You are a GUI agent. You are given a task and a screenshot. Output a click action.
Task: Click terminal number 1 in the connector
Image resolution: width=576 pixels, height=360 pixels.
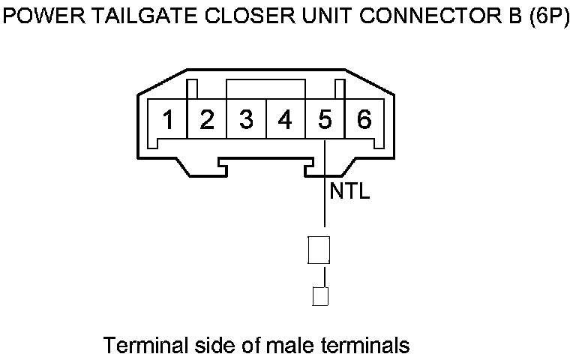pos(169,120)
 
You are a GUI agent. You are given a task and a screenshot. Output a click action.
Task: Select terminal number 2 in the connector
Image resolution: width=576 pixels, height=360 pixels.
pos(208,120)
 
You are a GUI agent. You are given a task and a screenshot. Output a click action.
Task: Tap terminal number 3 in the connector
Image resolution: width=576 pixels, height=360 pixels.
pos(246,120)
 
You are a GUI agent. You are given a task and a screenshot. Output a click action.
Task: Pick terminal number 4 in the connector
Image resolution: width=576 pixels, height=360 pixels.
pos(285,120)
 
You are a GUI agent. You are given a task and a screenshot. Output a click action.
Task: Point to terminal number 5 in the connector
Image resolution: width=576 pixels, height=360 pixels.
pos(325,120)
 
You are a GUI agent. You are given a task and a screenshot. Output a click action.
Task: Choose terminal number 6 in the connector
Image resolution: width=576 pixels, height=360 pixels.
pos(364,120)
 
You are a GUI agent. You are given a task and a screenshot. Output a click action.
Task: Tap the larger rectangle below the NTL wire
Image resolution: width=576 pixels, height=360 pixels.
pos(319,250)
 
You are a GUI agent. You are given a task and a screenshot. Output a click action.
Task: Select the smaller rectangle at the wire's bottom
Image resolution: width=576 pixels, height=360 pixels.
pos(320,296)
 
